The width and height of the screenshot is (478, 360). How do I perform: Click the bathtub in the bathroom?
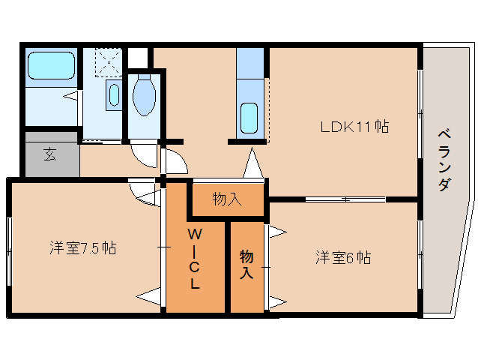click(x=52, y=67)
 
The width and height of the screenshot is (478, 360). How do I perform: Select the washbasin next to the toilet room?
click(x=113, y=95)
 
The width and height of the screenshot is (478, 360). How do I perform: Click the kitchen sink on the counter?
click(x=249, y=118)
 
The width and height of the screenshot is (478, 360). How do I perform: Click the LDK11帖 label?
click(x=354, y=127)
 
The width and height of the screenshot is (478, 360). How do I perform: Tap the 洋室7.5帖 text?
click(x=83, y=248)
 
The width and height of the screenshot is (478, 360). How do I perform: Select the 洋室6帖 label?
click(x=342, y=258)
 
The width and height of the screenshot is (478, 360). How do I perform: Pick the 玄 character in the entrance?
click(x=49, y=155)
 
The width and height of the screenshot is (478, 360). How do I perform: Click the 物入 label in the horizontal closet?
click(x=226, y=199)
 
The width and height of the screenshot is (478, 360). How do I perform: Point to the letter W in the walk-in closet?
click(x=193, y=232)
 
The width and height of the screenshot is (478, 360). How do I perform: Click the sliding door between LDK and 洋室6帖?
click(x=345, y=199)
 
